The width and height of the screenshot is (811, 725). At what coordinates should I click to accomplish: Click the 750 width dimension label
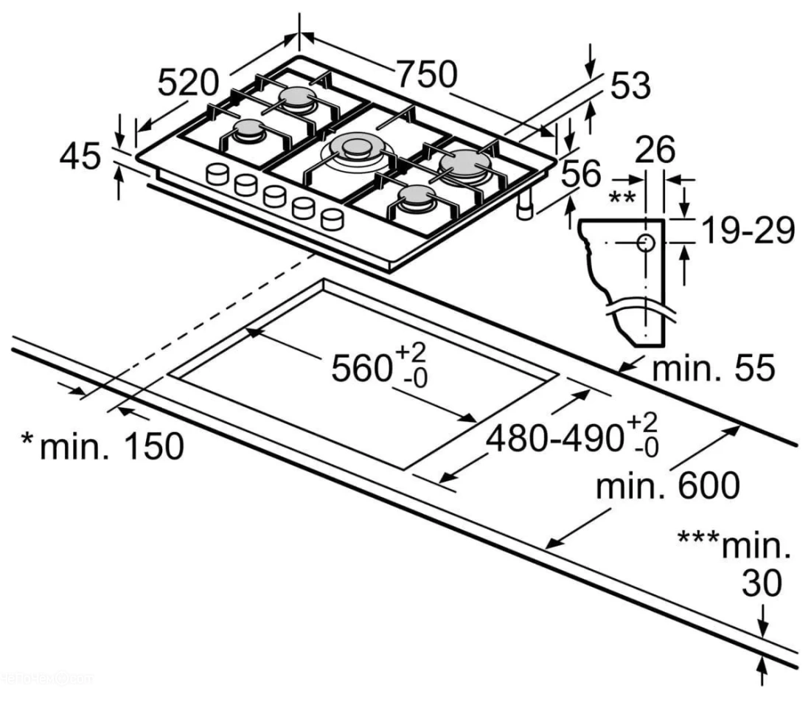click(427, 74)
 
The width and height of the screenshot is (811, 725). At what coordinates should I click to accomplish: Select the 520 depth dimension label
click(188, 83)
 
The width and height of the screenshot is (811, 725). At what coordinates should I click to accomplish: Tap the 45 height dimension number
click(80, 156)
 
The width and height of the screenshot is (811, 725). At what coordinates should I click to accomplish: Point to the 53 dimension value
click(630, 86)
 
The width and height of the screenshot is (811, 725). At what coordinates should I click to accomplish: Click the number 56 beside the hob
click(582, 173)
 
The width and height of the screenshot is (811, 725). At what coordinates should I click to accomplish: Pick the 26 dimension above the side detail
click(655, 150)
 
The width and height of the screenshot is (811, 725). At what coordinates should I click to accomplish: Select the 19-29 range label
click(748, 230)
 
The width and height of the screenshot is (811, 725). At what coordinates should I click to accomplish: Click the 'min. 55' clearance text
click(714, 368)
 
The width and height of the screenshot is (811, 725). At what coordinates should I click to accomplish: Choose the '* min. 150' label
click(102, 446)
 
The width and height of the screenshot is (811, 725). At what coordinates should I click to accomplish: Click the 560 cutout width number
click(361, 368)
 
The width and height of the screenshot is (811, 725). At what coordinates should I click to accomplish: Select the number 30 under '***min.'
click(762, 583)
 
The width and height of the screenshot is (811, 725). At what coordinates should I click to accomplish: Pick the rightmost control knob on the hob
click(332, 218)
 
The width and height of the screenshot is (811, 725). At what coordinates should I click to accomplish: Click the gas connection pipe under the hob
click(526, 205)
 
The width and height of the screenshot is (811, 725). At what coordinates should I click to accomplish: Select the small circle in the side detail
click(646, 242)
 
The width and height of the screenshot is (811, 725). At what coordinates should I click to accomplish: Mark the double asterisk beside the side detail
click(622, 197)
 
